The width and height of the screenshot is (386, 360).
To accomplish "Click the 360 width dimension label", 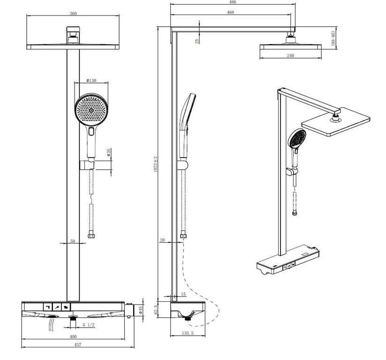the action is tap(73, 13).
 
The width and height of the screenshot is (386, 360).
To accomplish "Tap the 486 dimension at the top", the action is tap(233, 2).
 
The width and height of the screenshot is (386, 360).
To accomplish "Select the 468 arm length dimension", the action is tap(230, 12).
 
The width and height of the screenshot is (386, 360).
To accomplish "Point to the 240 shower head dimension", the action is tap(290, 56).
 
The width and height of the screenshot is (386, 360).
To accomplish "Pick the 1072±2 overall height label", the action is tap(156, 164).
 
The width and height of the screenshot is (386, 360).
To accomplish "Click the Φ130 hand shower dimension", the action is tap(91, 81).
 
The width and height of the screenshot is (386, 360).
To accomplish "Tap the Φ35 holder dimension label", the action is tap(108, 152).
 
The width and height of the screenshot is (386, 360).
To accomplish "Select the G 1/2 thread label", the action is tap(88, 325).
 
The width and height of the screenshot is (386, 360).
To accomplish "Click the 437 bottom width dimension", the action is tap(77, 345).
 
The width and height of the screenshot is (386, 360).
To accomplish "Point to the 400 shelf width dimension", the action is tap(73, 337).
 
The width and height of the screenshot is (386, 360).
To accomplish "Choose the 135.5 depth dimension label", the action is tap(188, 333).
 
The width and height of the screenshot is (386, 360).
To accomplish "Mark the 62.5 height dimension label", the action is tap(156, 310).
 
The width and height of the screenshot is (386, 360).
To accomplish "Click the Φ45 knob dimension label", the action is tap(141, 309).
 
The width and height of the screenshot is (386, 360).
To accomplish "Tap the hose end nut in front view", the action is tap(91, 236).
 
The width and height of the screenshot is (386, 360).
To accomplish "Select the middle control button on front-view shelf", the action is tap(57, 307).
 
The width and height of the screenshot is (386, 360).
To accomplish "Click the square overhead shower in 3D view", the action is tap(336, 121).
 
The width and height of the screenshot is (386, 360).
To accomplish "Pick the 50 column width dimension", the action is tap(73, 241).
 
